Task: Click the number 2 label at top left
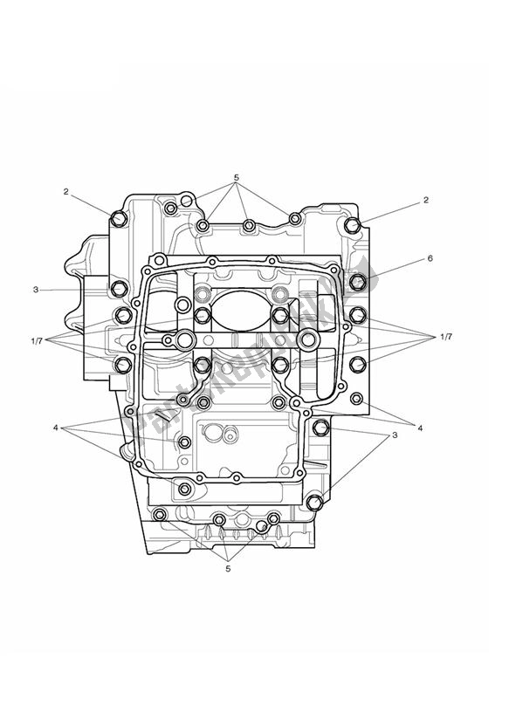tap(65, 191)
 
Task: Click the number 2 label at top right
tap(426, 200)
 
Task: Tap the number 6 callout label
tap(430, 259)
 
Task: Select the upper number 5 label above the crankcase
tap(237, 178)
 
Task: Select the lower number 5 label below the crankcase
tap(228, 570)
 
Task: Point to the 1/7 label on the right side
tap(446, 337)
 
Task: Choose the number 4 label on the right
tap(420, 428)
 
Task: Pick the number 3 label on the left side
tap(60, 289)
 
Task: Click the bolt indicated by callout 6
tap(357, 282)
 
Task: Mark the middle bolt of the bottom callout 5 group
tap(219, 521)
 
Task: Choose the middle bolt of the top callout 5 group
tap(249, 226)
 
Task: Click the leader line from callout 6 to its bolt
tap(393, 270)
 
